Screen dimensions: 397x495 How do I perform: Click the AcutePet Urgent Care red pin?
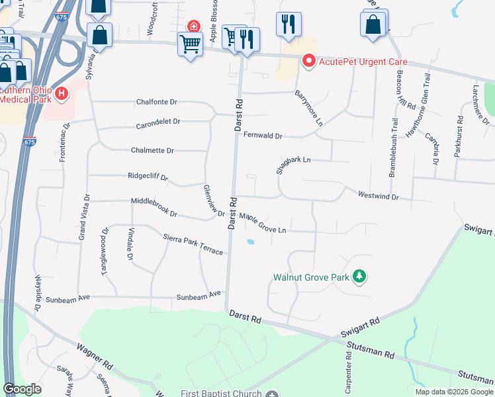coord(308,62)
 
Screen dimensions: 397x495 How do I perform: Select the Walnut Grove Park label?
coord(310,277)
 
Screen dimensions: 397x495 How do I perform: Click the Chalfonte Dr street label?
coord(157,102)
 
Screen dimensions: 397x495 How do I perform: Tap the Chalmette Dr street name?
coord(152,150)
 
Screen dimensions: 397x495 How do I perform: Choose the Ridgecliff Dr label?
coord(148,177)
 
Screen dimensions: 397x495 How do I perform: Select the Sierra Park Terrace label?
coord(193,244)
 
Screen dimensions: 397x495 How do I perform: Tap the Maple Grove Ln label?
coord(263,223)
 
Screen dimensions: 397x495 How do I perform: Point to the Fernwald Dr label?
coord(263,136)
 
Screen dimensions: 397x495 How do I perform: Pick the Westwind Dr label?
coord(378,197)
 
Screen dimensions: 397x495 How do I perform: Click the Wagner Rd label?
coord(93,357)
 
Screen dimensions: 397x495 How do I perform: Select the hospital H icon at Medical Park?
coord(62,93)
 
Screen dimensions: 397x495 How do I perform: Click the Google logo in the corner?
coord(22,389)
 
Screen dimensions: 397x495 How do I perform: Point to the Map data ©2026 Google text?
coord(453,392)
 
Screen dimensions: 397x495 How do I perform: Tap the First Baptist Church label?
coord(222,393)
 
